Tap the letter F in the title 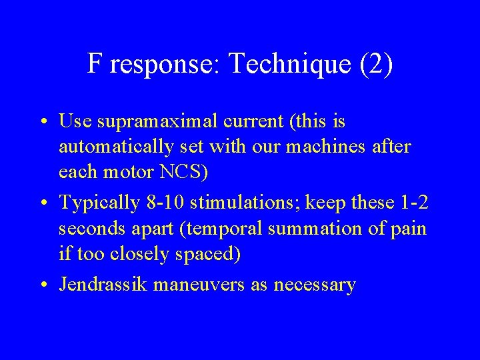click(x=95, y=64)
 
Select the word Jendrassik click(x=103, y=285)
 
